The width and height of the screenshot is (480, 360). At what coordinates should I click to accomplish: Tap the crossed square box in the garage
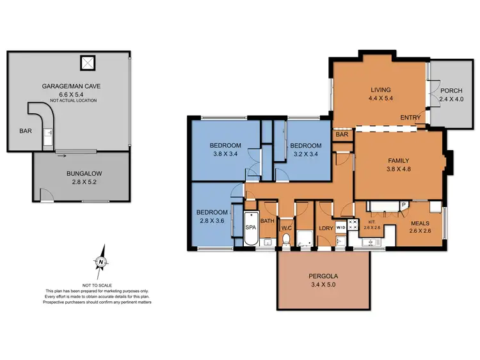87,63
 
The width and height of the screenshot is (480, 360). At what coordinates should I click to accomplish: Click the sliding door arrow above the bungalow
61,153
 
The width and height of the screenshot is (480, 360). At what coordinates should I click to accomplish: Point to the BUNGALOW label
83,173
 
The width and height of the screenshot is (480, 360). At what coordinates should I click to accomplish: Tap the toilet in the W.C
286,240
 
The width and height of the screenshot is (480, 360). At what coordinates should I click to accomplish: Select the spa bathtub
250,231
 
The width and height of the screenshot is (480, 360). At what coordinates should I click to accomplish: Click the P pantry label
403,205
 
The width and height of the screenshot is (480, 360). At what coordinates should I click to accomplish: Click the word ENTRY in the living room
410,118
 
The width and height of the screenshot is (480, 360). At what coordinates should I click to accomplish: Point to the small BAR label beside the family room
341,135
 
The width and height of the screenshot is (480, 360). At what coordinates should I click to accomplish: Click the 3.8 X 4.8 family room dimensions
398,171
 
